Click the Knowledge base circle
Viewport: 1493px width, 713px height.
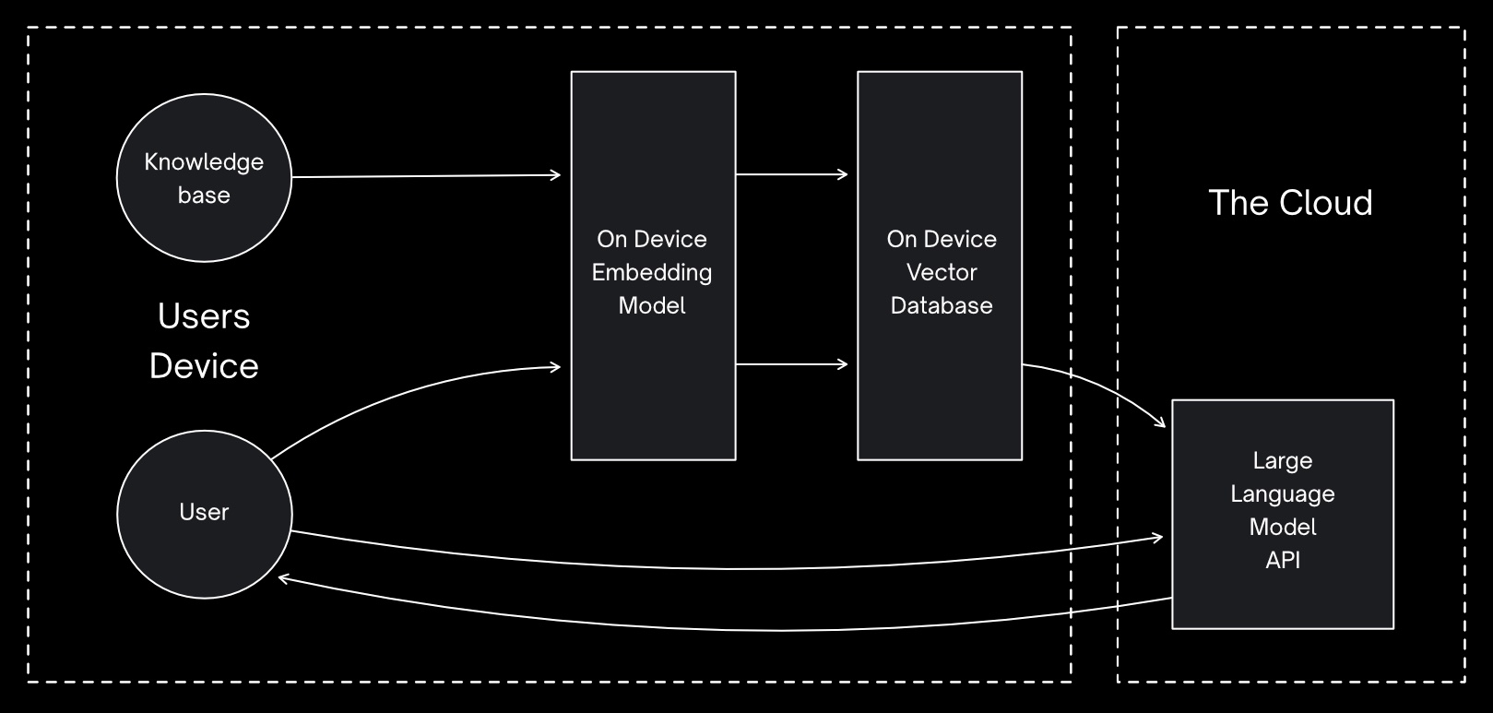204,178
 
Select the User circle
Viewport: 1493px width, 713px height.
204,513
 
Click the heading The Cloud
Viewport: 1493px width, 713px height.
1290,203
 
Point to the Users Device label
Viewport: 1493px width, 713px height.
204,340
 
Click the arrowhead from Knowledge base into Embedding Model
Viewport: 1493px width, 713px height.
555,174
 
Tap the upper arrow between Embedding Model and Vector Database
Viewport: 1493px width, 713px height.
791,173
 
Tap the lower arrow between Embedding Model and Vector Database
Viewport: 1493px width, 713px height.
791,364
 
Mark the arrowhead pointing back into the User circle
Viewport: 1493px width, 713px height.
284,578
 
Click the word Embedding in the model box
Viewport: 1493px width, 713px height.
652,272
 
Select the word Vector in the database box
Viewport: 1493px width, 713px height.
942,272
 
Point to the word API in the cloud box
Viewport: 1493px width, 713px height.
1282,560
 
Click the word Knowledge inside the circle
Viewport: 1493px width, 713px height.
204,162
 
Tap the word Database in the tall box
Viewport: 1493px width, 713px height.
942,305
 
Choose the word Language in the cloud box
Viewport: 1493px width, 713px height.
1282,493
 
